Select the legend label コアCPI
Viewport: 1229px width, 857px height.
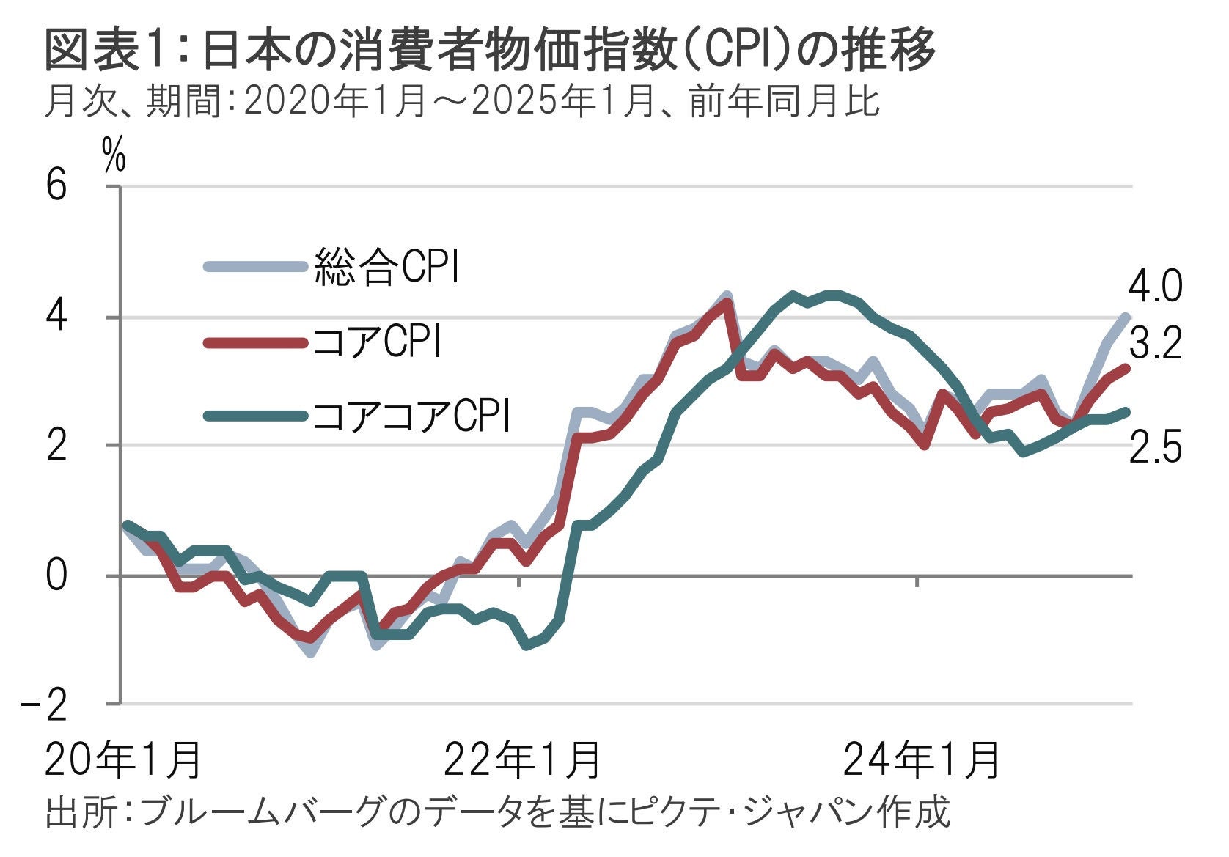click(376, 342)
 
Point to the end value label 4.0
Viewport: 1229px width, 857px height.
click(1154, 286)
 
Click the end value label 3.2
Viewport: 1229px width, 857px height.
click(1155, 343)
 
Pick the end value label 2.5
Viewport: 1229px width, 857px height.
click(1155, 446)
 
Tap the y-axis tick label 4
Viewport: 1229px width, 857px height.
click(56, 316)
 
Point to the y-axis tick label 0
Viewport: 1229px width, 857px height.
click(56, 575)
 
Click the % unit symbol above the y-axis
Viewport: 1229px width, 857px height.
click(114, 155)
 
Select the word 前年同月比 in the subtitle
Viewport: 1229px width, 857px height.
click(785, 102)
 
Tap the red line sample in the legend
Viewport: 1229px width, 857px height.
click(254, 342)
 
